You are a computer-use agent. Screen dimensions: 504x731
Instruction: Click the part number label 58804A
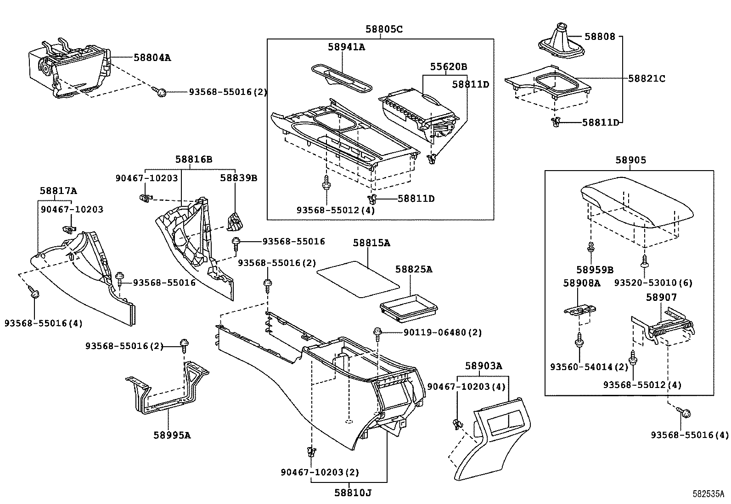[152, 57]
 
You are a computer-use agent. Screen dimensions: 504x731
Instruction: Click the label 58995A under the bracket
[172, 435]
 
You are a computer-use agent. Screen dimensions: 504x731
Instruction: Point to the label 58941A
[346, 47]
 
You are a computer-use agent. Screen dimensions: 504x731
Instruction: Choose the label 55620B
[448, 67]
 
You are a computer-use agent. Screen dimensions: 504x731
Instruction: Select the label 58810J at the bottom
[352, 493]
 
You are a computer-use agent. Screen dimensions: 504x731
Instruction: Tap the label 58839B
[238, 177]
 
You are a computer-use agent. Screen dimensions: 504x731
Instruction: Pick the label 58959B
[595, 270]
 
